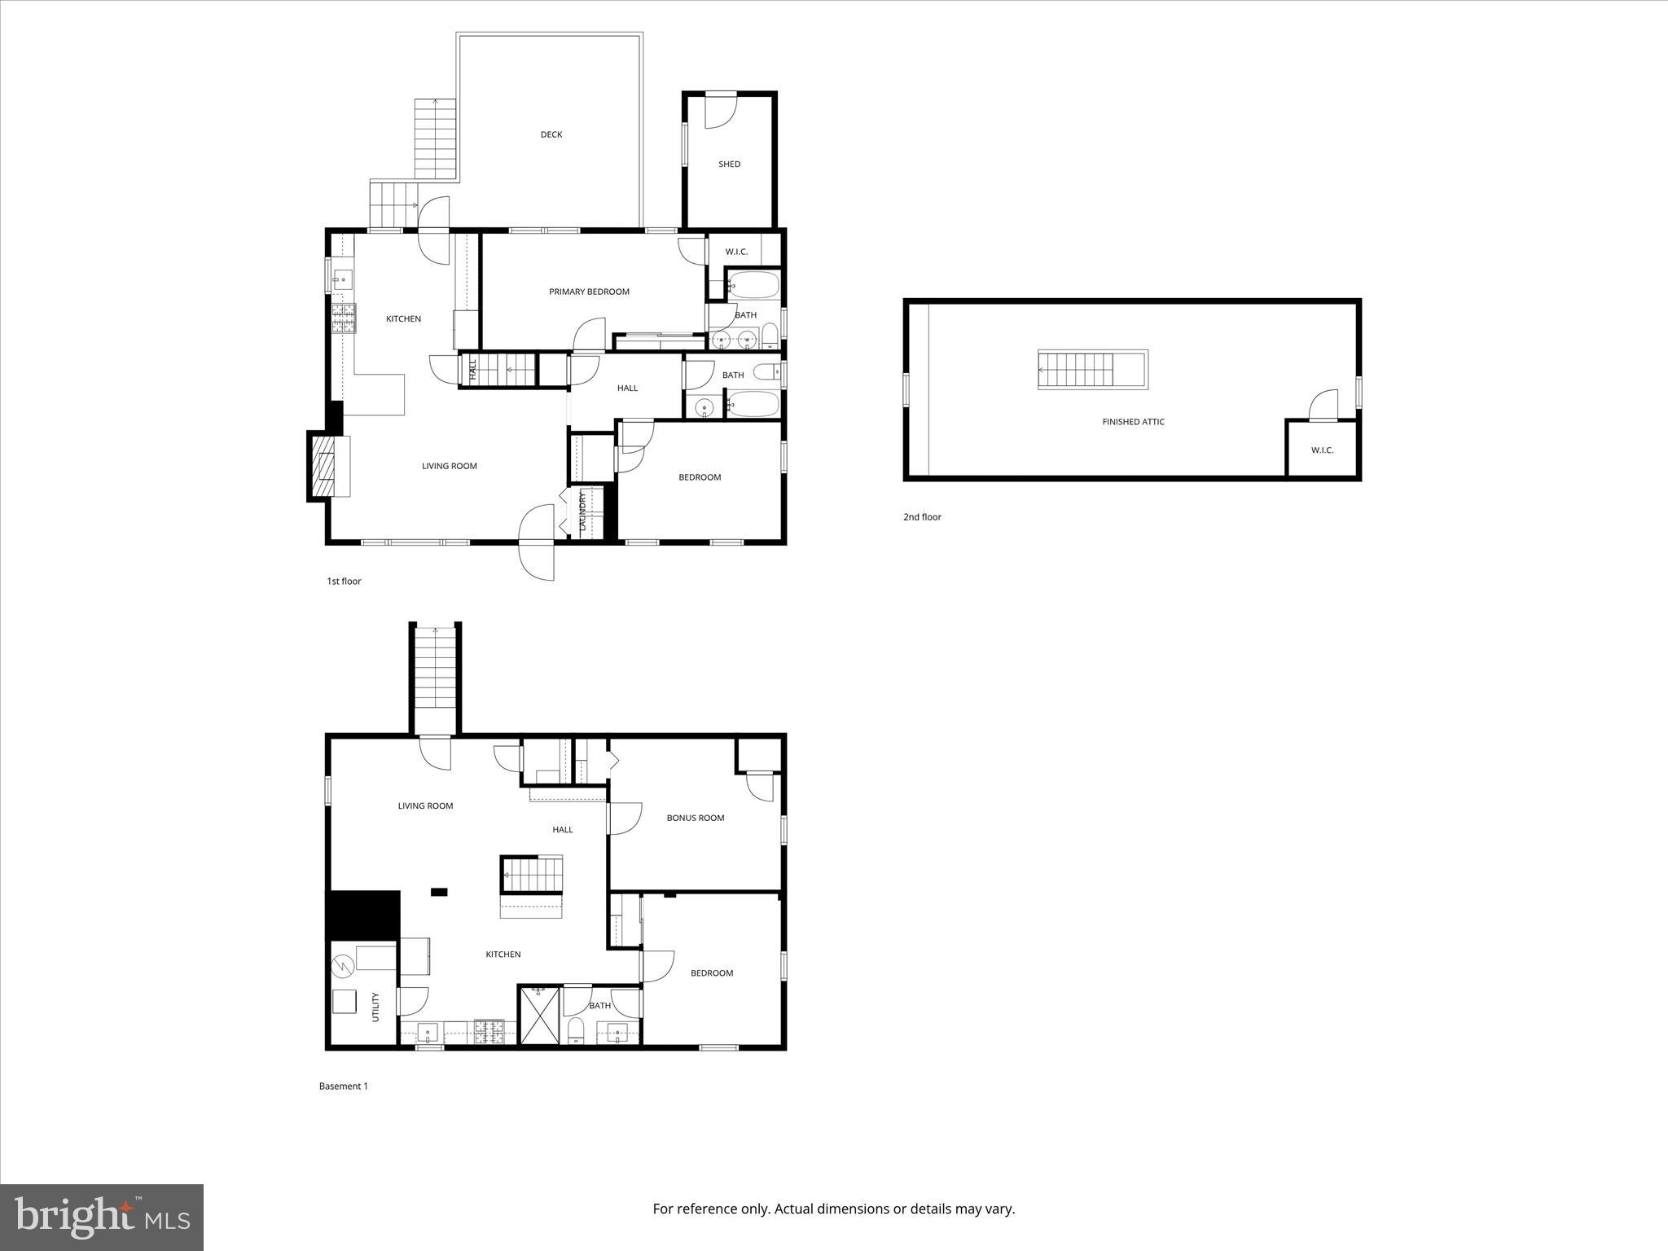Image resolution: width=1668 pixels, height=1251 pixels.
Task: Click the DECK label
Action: click(x=551, y=134)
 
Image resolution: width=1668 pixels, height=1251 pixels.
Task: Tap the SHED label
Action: click(x=729, y=164)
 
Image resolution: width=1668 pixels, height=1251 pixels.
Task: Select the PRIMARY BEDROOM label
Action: click(x=589, y=292)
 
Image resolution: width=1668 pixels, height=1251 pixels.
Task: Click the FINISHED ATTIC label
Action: click(x=1133, y=422)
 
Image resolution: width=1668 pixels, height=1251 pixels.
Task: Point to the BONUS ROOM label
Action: click(x=695, y=818)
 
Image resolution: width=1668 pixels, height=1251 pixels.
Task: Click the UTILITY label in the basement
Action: click(x=375, y=1007)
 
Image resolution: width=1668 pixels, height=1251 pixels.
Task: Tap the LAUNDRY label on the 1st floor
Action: click(x=582, y=511)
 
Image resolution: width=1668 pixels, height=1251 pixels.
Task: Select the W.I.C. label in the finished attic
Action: click(x=1322, y=450)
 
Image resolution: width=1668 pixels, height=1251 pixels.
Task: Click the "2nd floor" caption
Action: click(x=922, y=517)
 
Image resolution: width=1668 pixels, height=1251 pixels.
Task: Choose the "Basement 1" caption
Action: click(x=343, y=1086)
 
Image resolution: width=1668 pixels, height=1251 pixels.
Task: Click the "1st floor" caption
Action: click(x=344, y=582)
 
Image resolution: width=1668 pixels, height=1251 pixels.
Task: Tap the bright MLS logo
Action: click(x=102, y=1218)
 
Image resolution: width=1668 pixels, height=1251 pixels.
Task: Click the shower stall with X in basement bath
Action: click(x=540, y=1015)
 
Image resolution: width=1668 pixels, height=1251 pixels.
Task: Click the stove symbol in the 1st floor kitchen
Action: click(x=343, y=318)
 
